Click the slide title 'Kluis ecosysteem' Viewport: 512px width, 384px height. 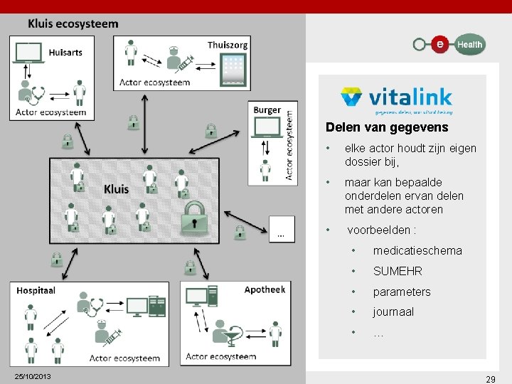[x=73, y=23]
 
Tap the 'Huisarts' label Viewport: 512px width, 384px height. [x=65, y=52]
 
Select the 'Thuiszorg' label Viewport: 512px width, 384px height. [x=228, y=45]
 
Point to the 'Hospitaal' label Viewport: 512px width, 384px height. [x=36, y=290]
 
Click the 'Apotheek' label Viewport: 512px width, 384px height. [x=265, y=289]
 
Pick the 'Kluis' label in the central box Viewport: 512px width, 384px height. [x=116, y=188]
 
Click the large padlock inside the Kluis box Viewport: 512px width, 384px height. [x=194, y=217]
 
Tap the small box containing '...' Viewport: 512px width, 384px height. [x=282, y=228]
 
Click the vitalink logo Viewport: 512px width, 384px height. [x=396, y=100]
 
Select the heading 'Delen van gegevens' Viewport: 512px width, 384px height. [x=387, y=128]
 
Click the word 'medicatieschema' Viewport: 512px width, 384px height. [x=417, y=250]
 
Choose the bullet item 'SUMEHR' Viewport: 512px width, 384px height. [x=398, y=271]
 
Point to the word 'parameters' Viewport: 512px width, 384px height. [x=402, y=292]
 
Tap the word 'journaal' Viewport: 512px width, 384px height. [x=393, y=311]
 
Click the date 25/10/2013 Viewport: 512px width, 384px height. [x=33, y=375]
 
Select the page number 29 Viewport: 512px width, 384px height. [x=490, y=380]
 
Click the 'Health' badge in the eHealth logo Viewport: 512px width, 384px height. [x=469, y=44]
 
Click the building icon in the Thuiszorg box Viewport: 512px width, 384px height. [x=234, y=68]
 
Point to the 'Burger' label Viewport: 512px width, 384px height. [x=267, y=110]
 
